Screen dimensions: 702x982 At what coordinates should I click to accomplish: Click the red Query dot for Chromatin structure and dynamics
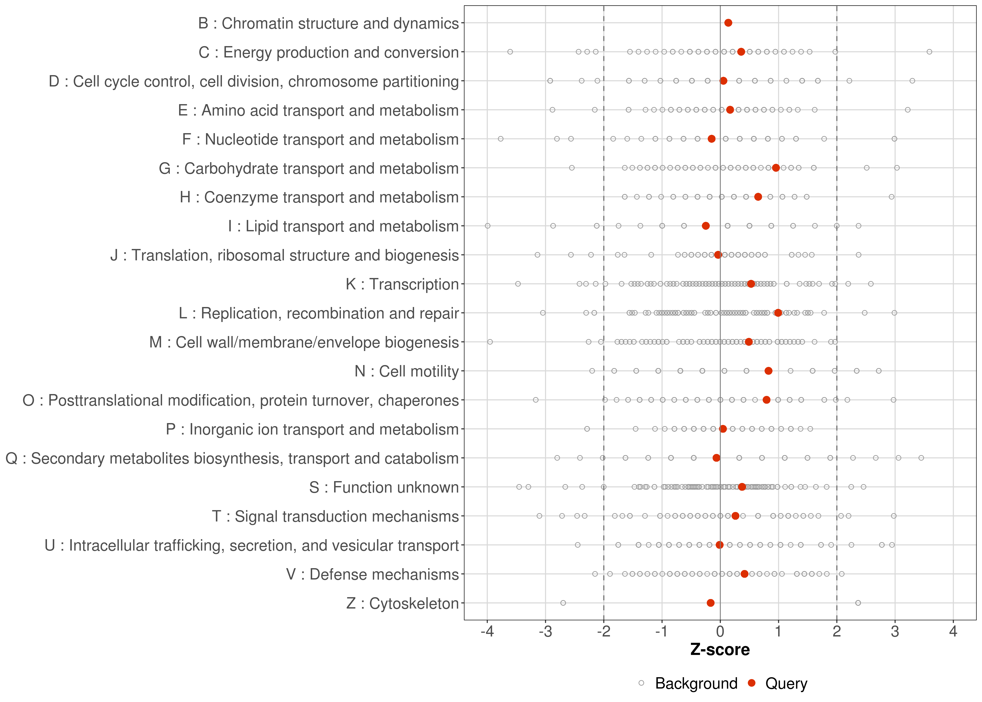(x=728, y=23)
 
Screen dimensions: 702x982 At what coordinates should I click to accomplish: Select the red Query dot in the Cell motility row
(x=768, y=371)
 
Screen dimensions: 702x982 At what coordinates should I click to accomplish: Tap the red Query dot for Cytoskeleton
(x=710, y=603)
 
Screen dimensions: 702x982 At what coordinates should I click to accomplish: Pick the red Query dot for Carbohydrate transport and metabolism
(x=776, y=168)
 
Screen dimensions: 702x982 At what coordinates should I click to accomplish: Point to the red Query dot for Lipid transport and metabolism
(x=706, y=226)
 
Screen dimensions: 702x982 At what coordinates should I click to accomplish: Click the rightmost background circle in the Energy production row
(x=929, y=52)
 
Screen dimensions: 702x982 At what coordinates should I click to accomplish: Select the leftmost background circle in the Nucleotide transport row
(x=501, y=139)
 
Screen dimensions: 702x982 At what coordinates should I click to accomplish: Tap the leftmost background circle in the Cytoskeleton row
(x=563, y=603)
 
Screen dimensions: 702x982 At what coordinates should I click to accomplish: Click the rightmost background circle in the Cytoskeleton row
(x=858, y=603)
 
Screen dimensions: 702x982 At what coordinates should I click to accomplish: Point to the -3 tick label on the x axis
(x=545, y=632)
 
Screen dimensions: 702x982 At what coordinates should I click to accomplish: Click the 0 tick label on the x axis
(x=720, y=632)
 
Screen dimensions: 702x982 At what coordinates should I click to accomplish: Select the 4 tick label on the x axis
(x=953, y=632)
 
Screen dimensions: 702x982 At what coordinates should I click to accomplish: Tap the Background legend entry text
(x=696, y=684)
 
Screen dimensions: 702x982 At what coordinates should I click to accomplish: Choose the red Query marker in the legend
(x=752, y=683)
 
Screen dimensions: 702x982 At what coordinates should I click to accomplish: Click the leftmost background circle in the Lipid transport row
(x=487, y=226)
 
